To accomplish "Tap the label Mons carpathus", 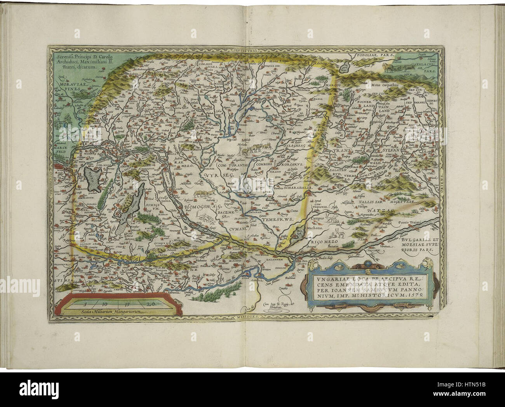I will click(x=368, y=84).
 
